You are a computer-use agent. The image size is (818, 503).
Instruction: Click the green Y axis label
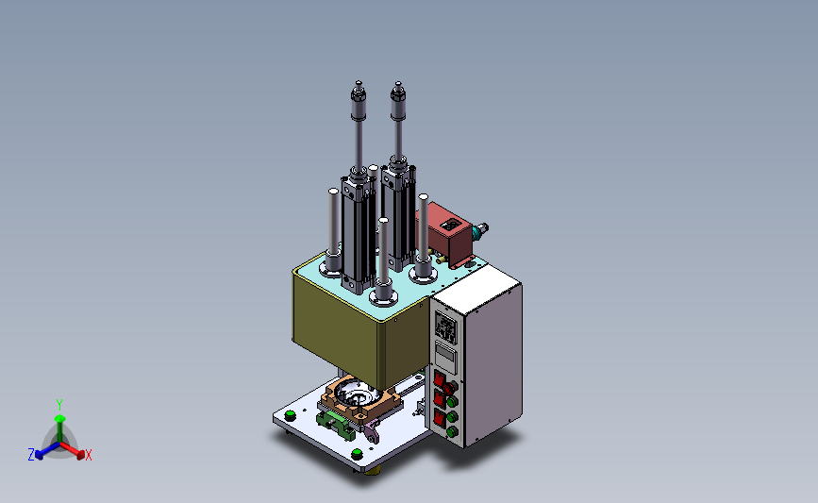(58, 405)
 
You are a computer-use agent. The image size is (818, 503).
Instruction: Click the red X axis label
(88, 455)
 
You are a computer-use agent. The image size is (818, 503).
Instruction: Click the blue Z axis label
(31, 455)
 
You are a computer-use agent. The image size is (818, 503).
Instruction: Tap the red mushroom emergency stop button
(450, 387)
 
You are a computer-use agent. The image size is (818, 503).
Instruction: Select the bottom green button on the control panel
(452, 431)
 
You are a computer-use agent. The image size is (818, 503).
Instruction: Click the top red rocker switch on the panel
(439, 378)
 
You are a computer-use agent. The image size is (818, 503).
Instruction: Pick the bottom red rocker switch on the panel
(440, 417)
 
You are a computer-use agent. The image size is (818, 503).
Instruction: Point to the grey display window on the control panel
(445, 357)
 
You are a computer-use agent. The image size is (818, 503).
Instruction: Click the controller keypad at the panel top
(446, 328)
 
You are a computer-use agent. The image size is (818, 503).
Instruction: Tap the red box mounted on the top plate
(445, 234)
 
